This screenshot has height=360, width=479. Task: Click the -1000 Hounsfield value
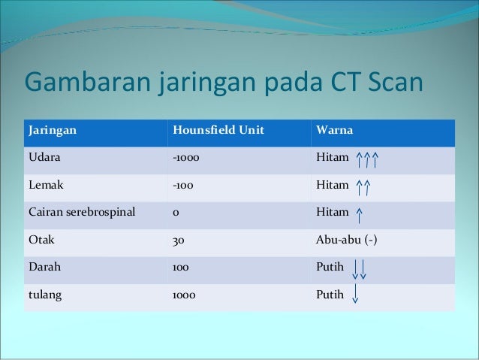pyautogui.click(x=185, y=159)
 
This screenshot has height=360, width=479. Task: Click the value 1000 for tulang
pyautogui.click(x=184, y=295)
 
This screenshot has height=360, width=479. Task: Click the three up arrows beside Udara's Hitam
pyautogui.click(x=366, y=159)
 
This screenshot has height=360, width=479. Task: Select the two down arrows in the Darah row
pyautogui.click(x=359, y=269)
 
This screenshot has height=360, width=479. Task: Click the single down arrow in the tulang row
pyautogui.click(x=354, y=295)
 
